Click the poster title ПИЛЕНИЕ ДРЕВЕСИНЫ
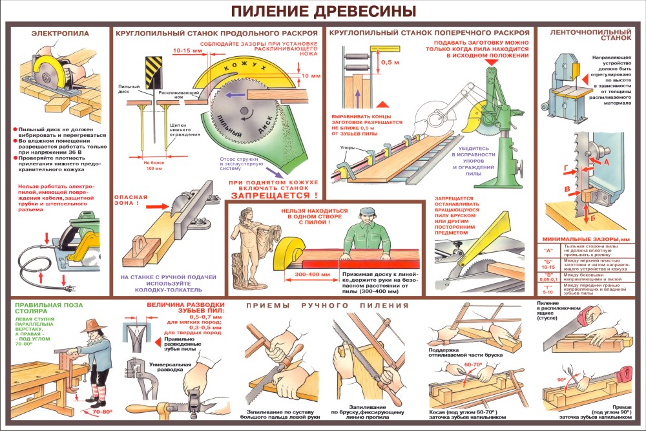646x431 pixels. [323, 12]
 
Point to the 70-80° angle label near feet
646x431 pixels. [101, 411]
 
